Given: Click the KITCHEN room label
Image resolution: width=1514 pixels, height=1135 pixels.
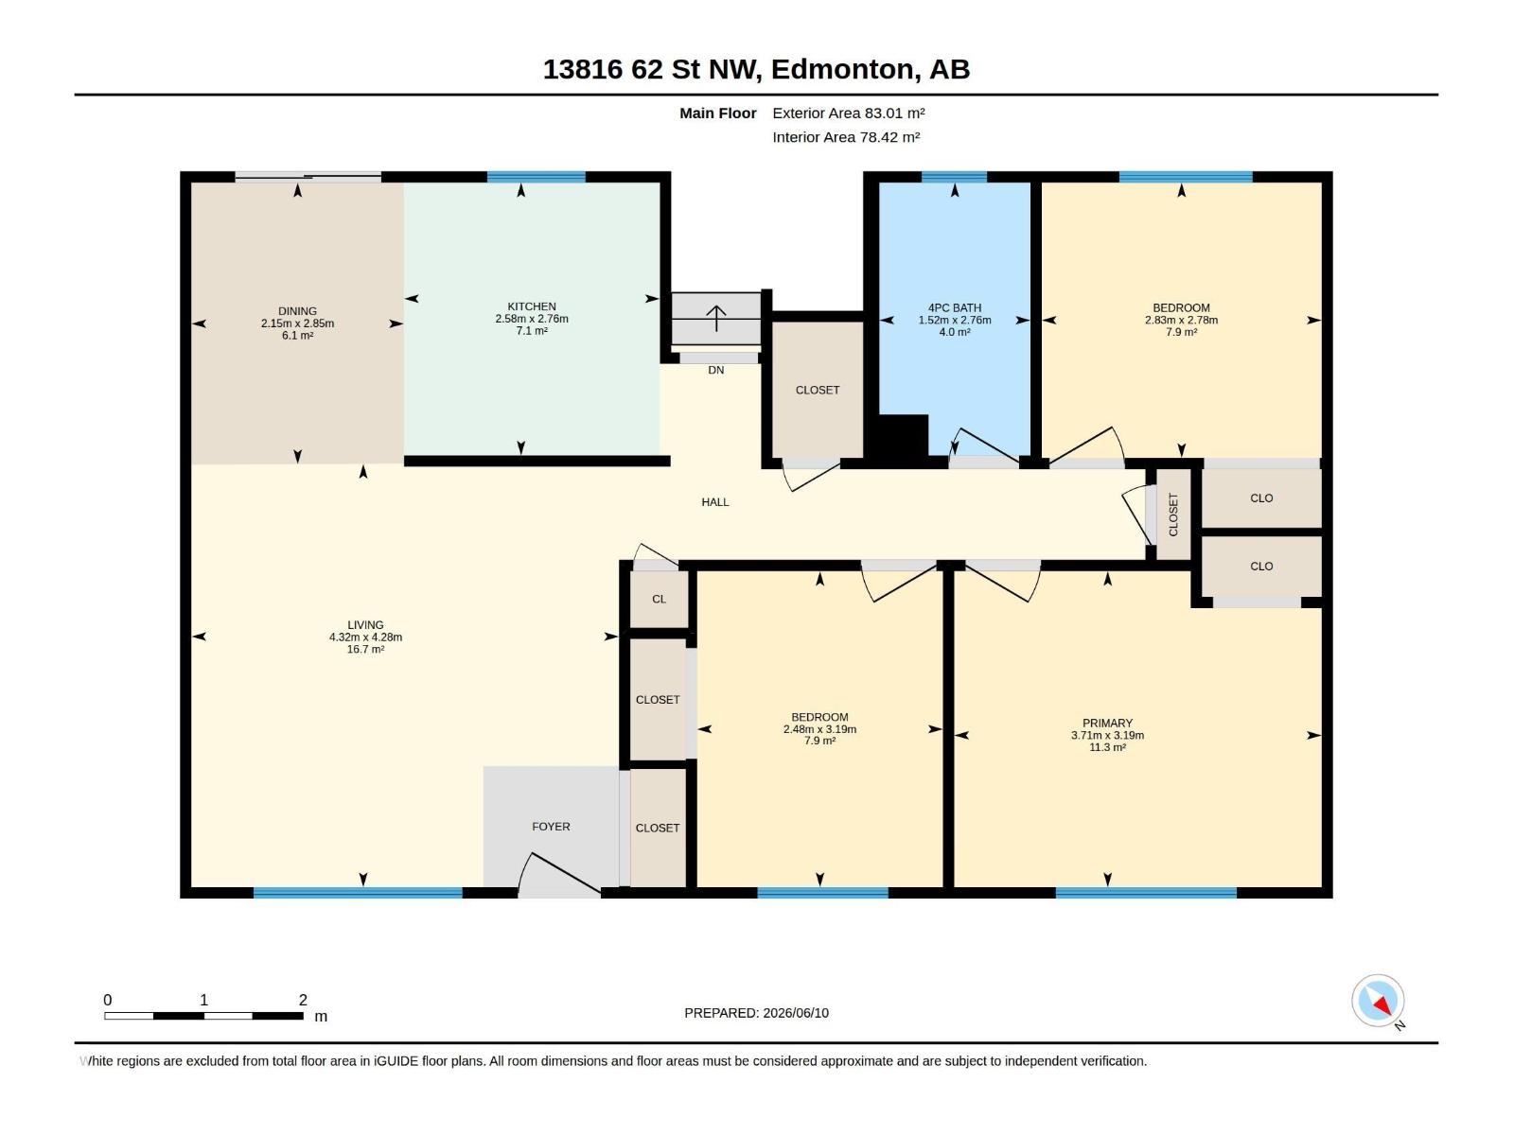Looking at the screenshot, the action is (x=531, y=306).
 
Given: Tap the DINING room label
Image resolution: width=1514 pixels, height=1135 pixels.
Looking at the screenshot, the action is (x=297, y=311).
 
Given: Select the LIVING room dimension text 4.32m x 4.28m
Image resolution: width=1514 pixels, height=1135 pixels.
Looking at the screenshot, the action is (x=365, y=637).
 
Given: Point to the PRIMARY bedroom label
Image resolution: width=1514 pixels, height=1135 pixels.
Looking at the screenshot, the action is (x=1107, y=723).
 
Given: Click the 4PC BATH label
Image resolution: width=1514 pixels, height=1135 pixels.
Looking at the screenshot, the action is (x=955, y=308).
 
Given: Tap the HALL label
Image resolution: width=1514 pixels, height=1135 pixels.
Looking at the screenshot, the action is (x=715, y=502).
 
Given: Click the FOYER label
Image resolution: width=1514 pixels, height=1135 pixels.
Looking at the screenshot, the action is (x=551, y=827).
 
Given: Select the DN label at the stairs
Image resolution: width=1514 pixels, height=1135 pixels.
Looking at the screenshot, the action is (x=716, y=370).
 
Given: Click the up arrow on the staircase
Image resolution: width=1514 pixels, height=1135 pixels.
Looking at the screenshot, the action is (x=716, y=318).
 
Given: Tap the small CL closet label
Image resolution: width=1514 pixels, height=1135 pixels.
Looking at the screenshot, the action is (x=660, y=599).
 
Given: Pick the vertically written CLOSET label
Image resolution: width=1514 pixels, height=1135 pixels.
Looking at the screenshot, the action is (x=1173, y=515).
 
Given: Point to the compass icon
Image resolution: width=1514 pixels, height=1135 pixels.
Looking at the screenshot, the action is (x=1378, y=1001).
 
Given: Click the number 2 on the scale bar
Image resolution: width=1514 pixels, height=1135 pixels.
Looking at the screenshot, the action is (x=303, y=999).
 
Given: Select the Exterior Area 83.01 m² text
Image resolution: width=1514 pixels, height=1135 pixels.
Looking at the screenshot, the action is (x=849, y=113).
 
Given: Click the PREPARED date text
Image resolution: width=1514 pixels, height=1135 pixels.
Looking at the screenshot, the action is (x=757, y=1013).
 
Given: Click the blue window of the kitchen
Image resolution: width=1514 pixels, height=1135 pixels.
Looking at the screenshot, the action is (x=536, y=177).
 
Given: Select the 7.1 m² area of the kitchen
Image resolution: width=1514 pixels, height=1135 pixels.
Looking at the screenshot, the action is (x=531, y=331).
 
